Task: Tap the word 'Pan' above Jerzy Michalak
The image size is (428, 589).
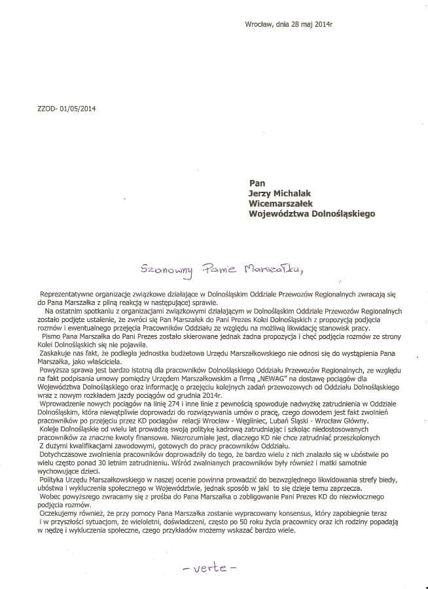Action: pos(257,184)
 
